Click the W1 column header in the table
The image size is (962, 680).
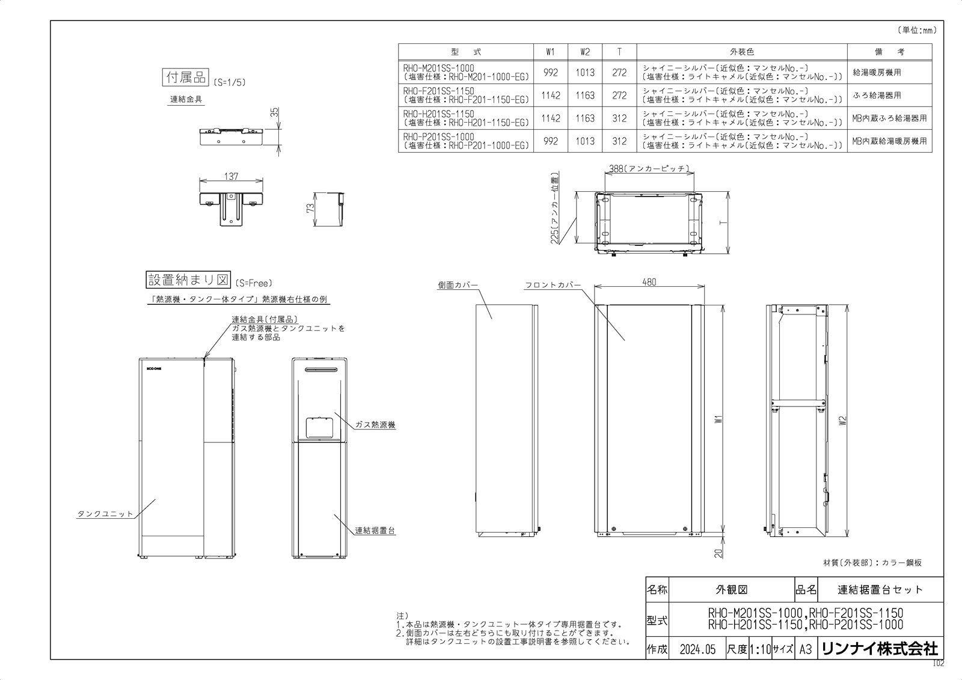click(551, 52)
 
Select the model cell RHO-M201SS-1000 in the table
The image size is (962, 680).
click(466, 73)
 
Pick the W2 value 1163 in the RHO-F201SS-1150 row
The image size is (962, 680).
click(584, 96)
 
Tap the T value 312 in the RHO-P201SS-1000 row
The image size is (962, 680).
click(619, 141)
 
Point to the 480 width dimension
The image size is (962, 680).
click(649, 282)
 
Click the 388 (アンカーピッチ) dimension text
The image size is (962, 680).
click(648, 170)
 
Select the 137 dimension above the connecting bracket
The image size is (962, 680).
click(231, 177)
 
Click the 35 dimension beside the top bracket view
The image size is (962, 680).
click(274, 113)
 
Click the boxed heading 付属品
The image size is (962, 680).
click(185, 79)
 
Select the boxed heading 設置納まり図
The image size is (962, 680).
click(189, 280)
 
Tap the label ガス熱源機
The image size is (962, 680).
click(375, 424)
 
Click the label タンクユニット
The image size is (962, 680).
click(105, 514)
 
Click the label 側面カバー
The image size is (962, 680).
click(458, 285)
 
